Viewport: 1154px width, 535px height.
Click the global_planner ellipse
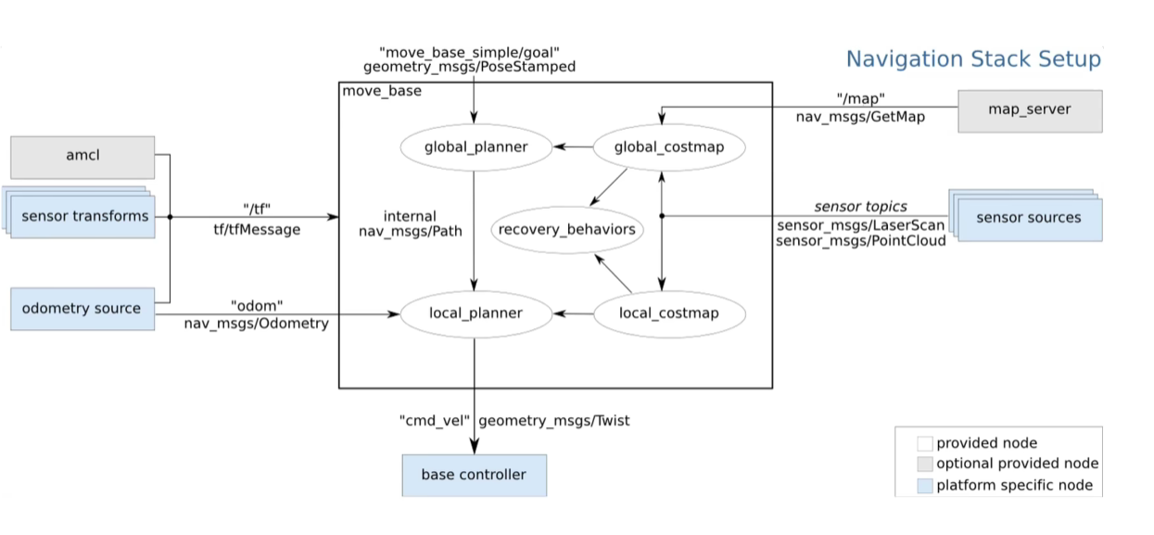point(476,146)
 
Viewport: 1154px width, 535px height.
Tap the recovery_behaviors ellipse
point(566,229)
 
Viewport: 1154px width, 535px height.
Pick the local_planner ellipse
point(476,313)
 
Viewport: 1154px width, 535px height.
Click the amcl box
point(82,157)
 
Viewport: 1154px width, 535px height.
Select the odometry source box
point(82,309)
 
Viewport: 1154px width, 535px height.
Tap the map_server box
point(1030,110)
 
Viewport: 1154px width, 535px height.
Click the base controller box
point(474,475)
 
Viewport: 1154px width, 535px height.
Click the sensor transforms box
point(84,217)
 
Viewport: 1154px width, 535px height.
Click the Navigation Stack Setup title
point(973,60)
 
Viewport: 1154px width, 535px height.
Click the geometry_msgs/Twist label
point(554,421)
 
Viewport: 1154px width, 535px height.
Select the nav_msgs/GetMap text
point(859,118)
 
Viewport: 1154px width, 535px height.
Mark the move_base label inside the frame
point(382,91)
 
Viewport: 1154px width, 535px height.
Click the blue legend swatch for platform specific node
point(924,486)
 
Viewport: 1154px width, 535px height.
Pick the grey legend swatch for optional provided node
point(924,464)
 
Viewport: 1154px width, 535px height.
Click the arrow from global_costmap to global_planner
point(573,146)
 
